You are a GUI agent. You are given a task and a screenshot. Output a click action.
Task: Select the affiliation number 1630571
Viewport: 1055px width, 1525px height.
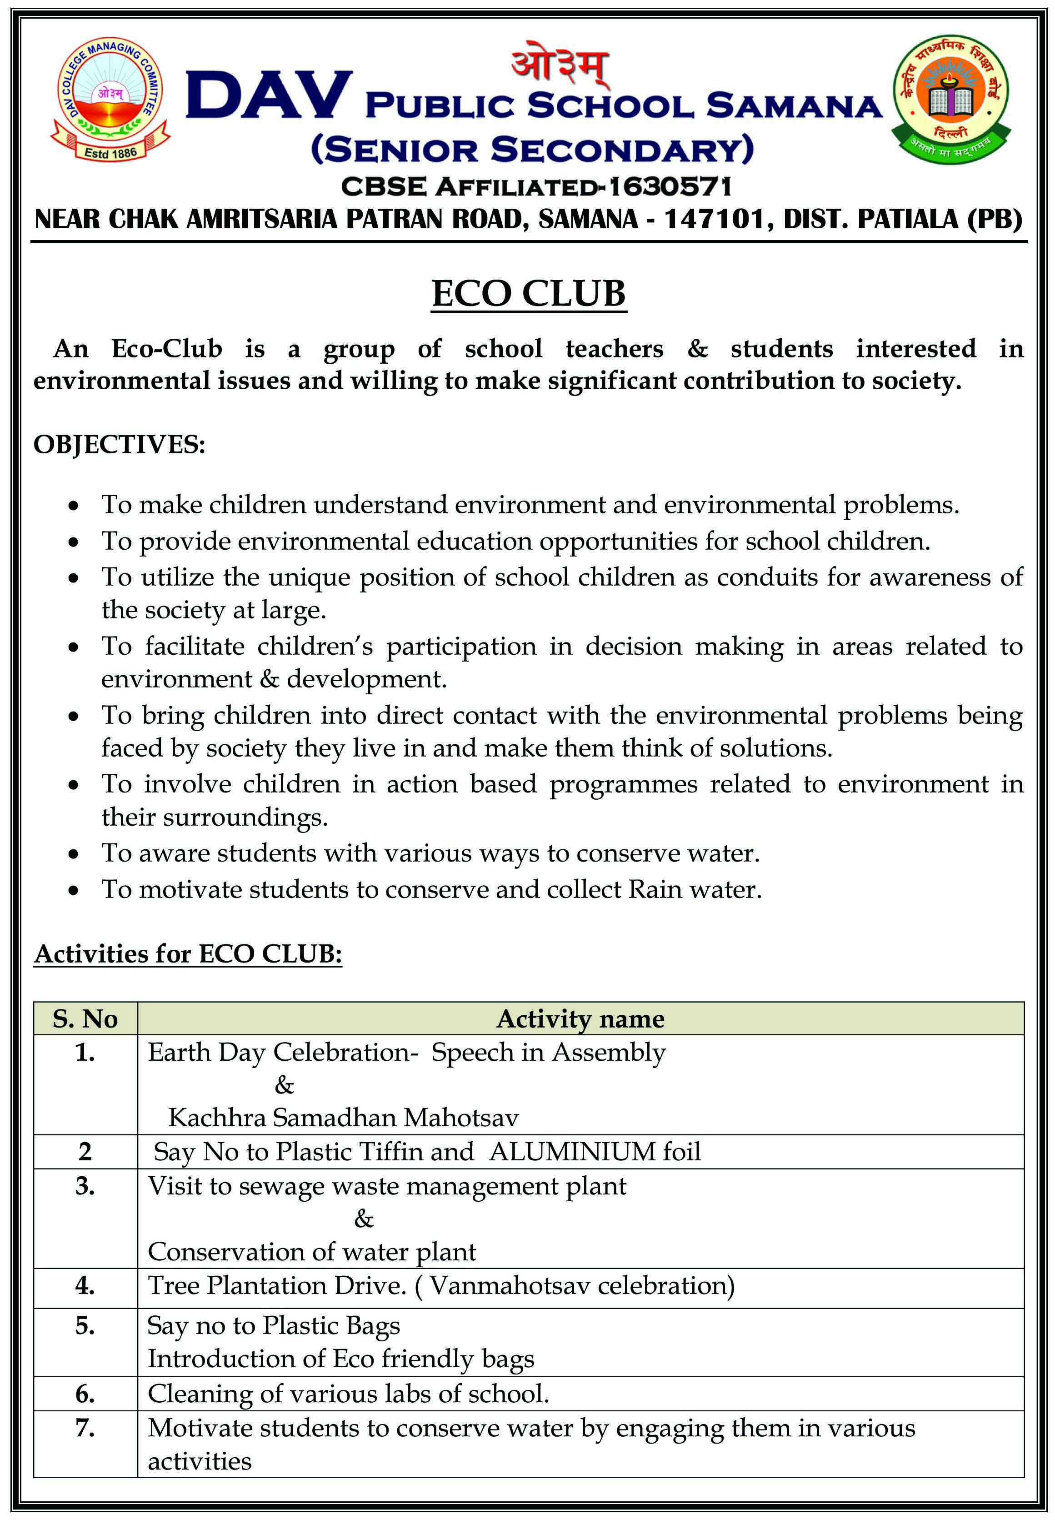[670, 187]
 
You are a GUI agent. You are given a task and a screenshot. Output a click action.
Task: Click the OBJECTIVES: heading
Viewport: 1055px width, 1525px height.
[120, 444]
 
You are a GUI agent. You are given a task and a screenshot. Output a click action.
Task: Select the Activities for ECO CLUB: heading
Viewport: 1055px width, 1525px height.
[188, 954]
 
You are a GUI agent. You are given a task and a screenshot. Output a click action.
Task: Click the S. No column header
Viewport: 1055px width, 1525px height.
[85, 1018]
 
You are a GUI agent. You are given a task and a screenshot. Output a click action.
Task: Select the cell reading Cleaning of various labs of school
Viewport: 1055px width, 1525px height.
[348, 1394]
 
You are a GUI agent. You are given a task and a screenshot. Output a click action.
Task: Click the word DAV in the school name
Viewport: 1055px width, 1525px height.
[268, 96]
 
